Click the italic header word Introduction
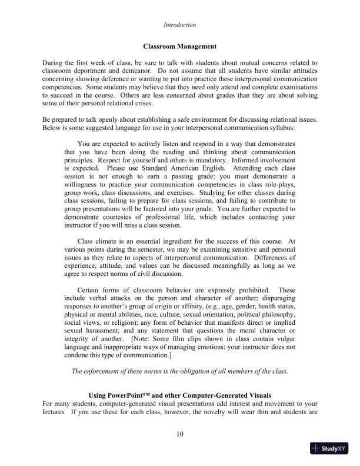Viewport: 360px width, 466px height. pos(179,25)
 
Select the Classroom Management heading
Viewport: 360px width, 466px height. pos(179,46)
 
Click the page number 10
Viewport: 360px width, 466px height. pos(180,435)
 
